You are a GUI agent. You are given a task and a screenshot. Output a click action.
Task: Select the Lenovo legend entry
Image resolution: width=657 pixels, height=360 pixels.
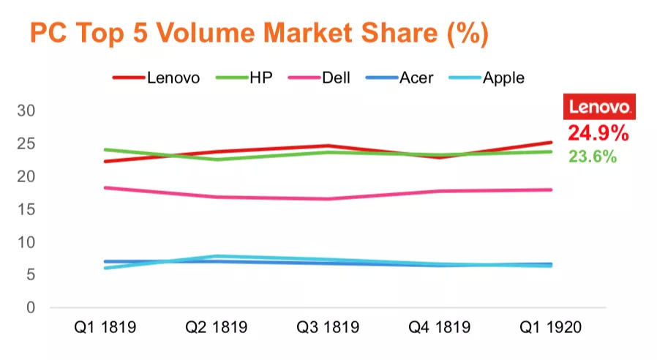[173, 78]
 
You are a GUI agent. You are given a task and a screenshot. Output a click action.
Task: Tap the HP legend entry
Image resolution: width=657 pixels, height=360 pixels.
[260, 78]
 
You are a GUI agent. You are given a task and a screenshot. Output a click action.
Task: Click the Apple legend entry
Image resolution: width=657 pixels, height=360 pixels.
[503, 78]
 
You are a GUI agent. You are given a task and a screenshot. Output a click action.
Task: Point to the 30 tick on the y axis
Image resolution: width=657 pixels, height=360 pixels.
[26, 110]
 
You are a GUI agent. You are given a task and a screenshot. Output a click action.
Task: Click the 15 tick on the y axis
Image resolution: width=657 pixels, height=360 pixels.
[26, 209]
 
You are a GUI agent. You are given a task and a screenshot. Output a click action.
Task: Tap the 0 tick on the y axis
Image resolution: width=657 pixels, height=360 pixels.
[31, 307]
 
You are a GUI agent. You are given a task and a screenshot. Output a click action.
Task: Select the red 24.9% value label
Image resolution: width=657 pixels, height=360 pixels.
[598, 133]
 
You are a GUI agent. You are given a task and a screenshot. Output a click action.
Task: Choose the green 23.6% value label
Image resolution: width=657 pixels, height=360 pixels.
[593, 156]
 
